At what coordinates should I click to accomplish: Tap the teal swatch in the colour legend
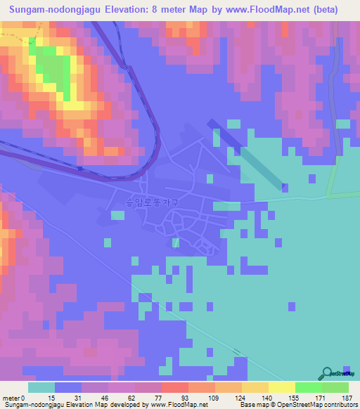coord(41,387)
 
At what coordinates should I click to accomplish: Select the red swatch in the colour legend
coord(175,387)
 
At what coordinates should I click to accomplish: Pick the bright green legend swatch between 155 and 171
coord(309,387)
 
